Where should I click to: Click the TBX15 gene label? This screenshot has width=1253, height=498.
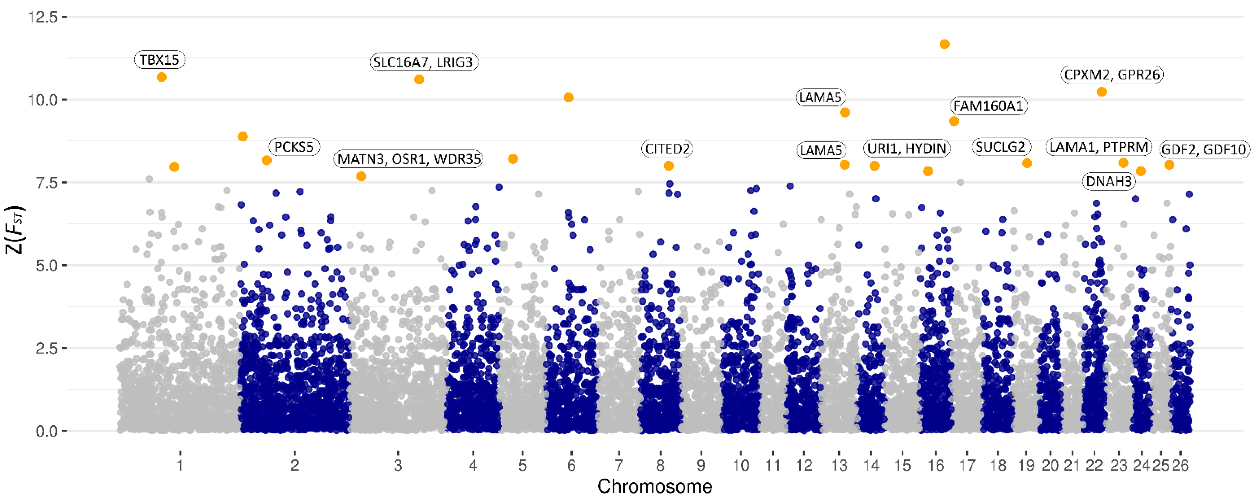(159, 60)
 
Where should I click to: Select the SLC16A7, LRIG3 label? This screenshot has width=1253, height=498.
(424, 62)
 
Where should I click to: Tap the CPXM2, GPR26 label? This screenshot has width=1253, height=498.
(1112, 75)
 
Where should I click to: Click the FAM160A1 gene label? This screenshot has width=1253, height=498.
(988, 106)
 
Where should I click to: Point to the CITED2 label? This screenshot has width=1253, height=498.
(667, 149)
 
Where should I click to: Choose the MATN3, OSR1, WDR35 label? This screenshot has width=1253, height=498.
(409, 159)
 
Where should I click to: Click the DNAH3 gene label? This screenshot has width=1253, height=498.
(1109, 181)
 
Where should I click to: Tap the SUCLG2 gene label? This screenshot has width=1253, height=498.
(1000, 147)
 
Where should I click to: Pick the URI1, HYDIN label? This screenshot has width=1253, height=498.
(907, 148)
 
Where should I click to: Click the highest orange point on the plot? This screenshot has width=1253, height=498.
(944, 44)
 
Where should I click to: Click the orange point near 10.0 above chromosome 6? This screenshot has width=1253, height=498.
(568, 98)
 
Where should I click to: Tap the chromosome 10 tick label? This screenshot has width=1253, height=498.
(740, 465)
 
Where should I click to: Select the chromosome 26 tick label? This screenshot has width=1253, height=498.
(1180, 465)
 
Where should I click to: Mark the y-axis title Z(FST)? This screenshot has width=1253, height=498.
(15, 230)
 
